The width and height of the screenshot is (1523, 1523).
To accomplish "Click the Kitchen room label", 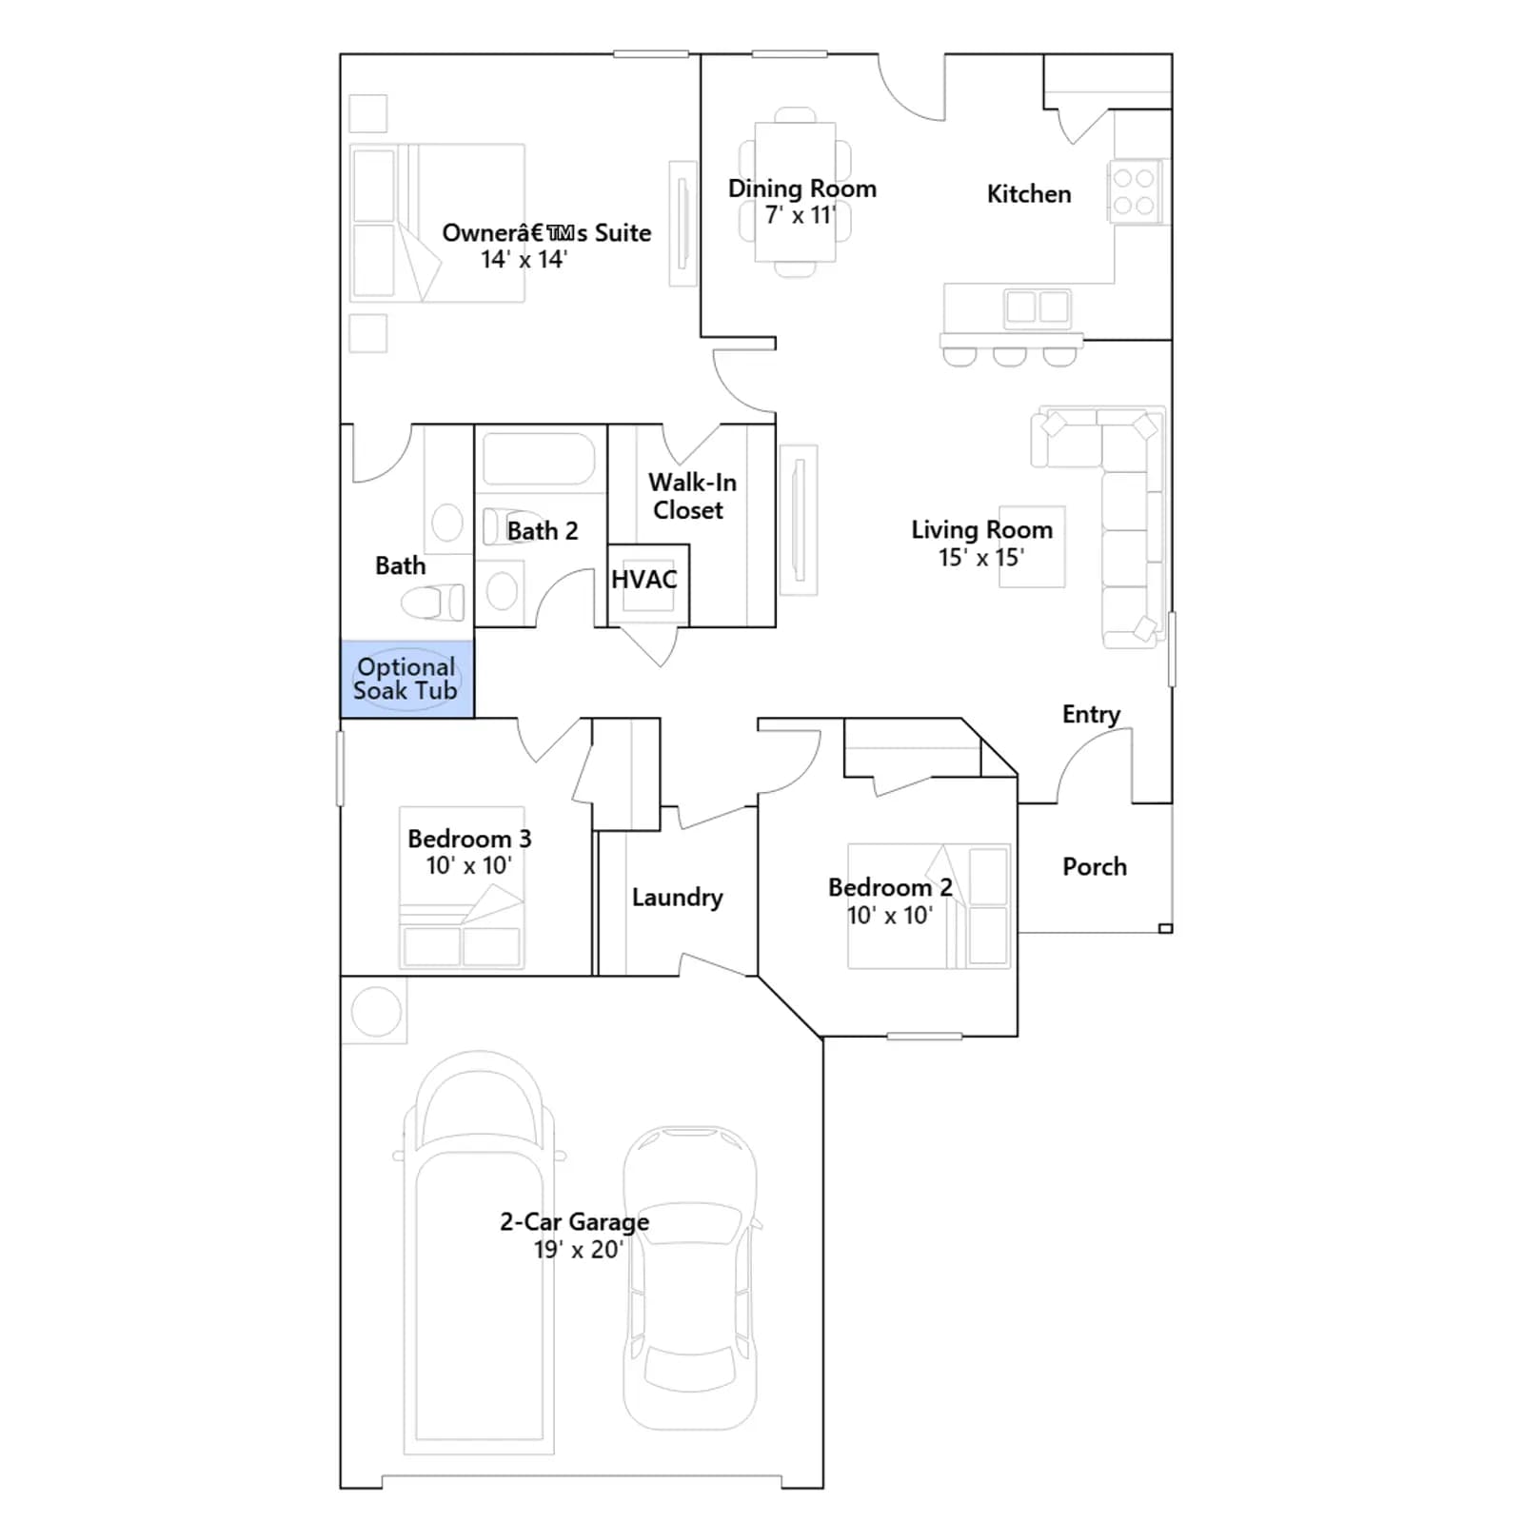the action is pos(1029,194).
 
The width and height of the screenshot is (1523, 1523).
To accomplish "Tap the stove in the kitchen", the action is pos(1135,191).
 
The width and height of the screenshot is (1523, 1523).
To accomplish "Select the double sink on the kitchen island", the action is pos(1038,307).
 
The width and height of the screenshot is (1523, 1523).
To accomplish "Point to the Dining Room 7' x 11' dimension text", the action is pos(801,215).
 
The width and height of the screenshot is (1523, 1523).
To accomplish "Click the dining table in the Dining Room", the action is pos(795,191).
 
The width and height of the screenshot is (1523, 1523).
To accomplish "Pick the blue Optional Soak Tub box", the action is pos(407,680).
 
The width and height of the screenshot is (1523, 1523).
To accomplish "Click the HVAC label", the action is pos(644,580).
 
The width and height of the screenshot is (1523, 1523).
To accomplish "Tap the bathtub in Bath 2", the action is pos(540,460).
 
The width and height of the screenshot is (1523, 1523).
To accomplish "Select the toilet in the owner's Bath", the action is pos(433,603).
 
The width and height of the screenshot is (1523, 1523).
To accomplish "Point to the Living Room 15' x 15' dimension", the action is pos(981,558).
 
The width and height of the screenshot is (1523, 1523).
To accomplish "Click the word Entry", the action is pos(1091,715).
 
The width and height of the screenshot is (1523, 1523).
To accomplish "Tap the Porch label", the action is pos(1095,867).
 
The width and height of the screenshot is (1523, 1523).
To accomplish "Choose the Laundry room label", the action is pos(678,898).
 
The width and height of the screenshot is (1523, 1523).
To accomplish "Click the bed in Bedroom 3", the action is pos(462,888).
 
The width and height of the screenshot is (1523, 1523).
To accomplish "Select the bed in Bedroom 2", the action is pos(929,906).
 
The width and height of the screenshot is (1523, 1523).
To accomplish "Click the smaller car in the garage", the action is pos(690,1277).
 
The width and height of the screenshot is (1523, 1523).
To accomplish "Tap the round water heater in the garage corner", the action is pos(376,1012).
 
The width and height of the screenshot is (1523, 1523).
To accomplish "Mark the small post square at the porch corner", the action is pos(1165,929).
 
